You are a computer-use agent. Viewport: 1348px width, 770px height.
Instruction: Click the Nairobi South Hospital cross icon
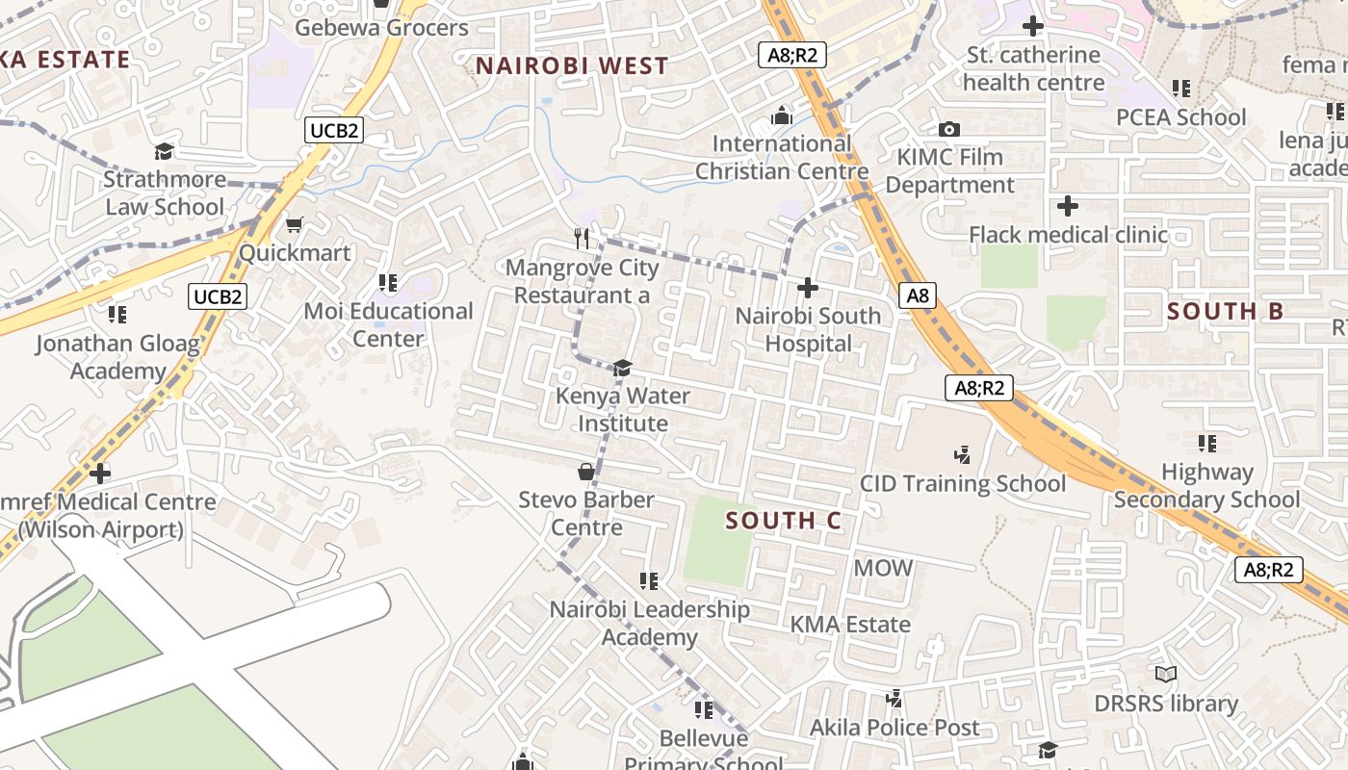pos(808,287)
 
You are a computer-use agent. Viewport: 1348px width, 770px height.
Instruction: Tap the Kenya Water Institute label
pos(623,410)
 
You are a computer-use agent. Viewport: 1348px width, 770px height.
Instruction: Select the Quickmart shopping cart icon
pos(295,224)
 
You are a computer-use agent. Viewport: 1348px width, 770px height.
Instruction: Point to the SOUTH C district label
pos(784,521)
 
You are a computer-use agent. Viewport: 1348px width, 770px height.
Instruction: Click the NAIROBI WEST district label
pos(572,66)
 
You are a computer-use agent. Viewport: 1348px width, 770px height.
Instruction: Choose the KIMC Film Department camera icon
pos(949,129)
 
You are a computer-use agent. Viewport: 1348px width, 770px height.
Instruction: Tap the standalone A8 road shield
pos(919,295)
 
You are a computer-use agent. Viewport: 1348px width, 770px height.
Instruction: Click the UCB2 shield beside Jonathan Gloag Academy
pos(218,295)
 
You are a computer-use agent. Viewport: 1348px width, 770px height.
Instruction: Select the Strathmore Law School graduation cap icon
pos(164,151)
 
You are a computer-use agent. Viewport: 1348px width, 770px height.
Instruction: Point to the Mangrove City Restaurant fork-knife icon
pos(582,238)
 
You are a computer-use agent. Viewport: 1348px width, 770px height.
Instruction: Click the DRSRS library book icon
pos(1166,675)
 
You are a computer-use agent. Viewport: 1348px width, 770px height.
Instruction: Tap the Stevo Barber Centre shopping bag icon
pos(585,471)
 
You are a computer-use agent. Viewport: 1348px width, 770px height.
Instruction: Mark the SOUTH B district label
pos(1225,311)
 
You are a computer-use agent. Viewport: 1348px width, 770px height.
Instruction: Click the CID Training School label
pos(963,483)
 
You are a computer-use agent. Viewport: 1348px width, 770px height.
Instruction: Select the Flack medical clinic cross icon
pos(1067,205)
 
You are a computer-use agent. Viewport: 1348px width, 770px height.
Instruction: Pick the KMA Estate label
pos(850,625)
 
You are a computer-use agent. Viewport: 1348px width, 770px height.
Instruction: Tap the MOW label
pos(883,568)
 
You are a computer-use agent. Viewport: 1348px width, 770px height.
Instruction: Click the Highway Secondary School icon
pos(1207,443)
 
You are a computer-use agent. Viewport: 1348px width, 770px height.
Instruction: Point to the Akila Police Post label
pos(894,728)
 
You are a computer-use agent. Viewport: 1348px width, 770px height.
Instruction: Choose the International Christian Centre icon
pos(782,115)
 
